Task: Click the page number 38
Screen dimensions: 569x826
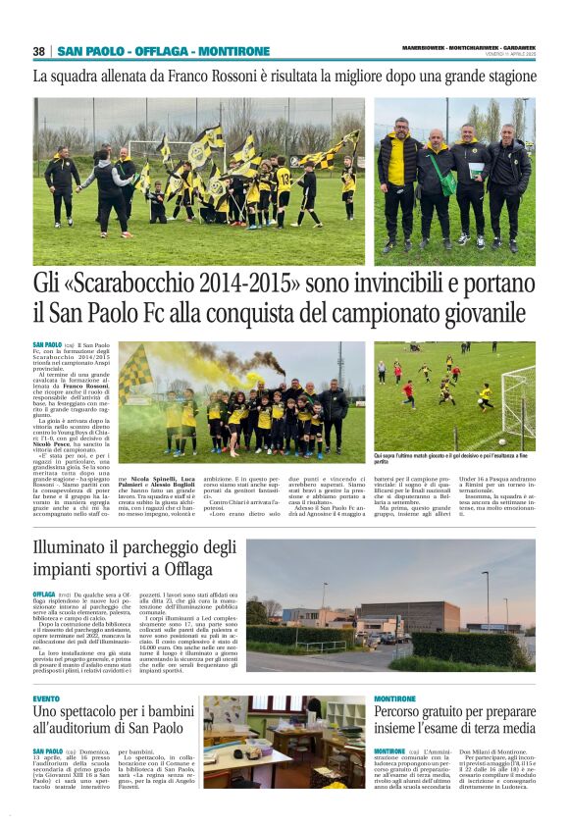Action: pyautogui.click(x=39, y=51)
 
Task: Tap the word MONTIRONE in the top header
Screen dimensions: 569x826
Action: pyautogui.click(x=234, y=51)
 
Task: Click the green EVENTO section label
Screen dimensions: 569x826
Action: pyautogui.click(x=46, y=698)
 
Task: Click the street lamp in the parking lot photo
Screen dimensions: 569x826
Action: pyautogui.click(x=487, y=598)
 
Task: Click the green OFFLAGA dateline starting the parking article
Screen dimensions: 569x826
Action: pyautogui.click(x=44, y=594)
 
